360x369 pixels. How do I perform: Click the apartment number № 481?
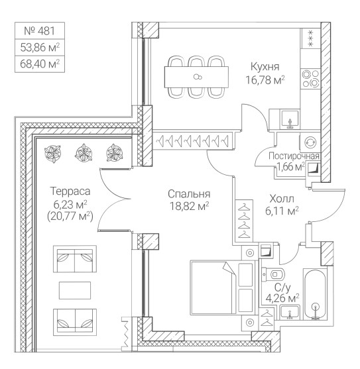pyautogui.click(x=40, y=31)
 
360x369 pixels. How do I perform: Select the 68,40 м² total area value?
pyautogui.click(x=40, y=64)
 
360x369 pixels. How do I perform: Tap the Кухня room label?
pyautogui.click(x=265, y=67)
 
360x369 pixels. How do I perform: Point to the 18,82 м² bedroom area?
pyautogui.click(x=190, y=207)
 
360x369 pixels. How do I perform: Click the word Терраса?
pyautogui.click(x=70, y=191)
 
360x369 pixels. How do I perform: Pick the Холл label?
pyautogui.click(x=282, y=199)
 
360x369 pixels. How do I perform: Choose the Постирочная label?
pyautogui.click(x=294, y=156)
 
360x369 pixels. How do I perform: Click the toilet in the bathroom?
pyautogui.click(x=273, y=274)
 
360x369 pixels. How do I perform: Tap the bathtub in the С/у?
pyautogui.click(x=315, y=294)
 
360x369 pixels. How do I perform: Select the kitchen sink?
pyautogui.click(x=290, y=119)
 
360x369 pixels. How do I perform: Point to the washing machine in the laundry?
pyautogui.click(x=310, y=142)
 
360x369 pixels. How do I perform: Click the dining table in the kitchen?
pyautogui.click(x=196, y=77)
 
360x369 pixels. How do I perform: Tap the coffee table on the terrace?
pyautogui.click(x=75, y=290)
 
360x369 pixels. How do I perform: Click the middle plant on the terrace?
pyautogui.click(x=84, y=153)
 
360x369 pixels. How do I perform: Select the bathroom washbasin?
pyautogui.click(x=290, y=312)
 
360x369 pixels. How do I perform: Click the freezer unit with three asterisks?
pyautogui.click(x=310, y=38)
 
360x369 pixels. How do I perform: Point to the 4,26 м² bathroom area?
pyautogui.click(x=282, y=298)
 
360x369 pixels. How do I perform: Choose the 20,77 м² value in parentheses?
pyautogui.click(x=70, y=216)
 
